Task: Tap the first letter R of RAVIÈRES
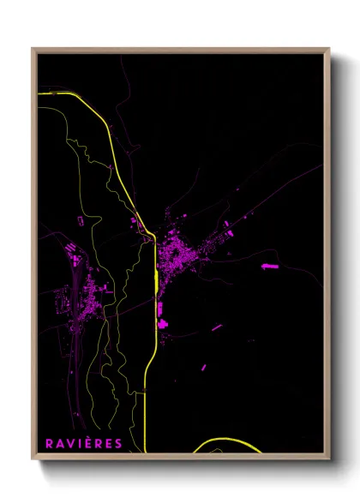click(x=49, y=443)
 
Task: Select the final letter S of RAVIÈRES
click(x=117, y=443)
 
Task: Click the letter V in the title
click(x=69, y=443)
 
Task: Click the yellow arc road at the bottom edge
click(x=227, y=442)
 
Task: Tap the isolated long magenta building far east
click(x=270, y=267)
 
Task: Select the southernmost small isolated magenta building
click(x=203, y=367)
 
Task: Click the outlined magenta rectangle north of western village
click(x=82, y=221)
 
